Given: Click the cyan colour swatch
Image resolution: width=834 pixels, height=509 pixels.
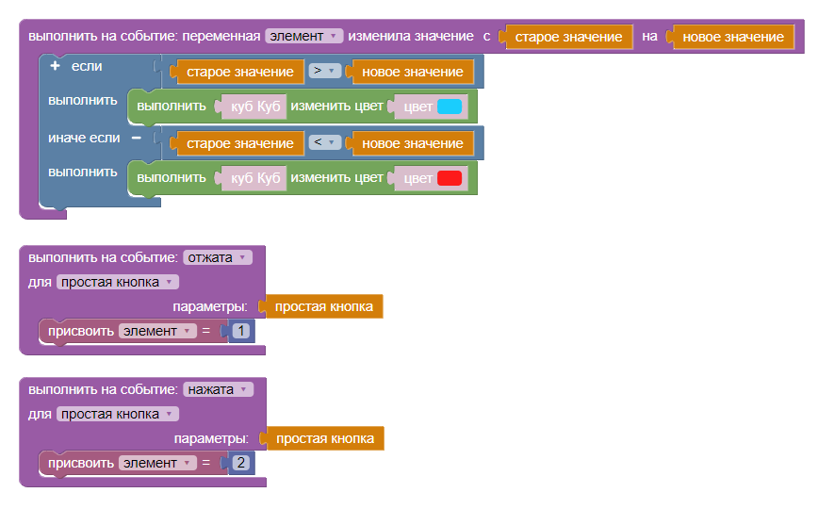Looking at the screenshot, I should [x=450, y=107].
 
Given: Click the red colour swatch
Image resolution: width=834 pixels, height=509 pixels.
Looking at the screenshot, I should [x=450, y=178].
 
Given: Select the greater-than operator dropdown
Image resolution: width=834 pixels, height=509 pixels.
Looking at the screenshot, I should [x=324, y=72].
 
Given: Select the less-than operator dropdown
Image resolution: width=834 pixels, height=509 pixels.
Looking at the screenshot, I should [x=324, y=143].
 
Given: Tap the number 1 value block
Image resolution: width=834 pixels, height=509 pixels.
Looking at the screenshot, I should [x=241, y=331].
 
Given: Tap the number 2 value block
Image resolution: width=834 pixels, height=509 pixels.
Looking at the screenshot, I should [x=241, y=463].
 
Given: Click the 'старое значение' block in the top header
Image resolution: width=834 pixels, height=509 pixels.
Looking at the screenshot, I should [x=568, y=37].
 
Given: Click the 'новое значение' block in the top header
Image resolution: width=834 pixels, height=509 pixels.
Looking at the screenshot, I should [x=732, y=37].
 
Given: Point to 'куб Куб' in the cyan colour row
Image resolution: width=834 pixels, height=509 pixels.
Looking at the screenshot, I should [x=255, y=107].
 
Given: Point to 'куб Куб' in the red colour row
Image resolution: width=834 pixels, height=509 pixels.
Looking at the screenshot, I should [x=255, y=178].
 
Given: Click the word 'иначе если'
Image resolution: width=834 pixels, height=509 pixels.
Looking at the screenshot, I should [x=84, y=138].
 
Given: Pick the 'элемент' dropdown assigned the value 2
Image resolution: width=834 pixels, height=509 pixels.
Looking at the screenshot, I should [x=157, y=463].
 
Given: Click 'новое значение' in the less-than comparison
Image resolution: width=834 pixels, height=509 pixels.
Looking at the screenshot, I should [x=412, y=143].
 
